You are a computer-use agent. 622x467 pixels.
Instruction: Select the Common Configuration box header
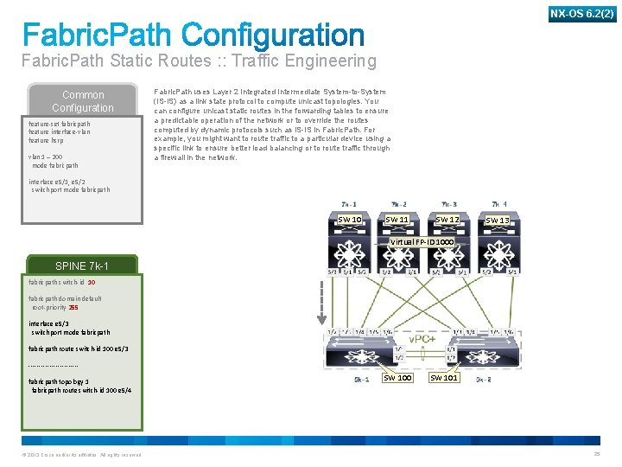point(83,101)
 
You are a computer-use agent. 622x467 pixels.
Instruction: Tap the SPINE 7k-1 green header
point(83,265)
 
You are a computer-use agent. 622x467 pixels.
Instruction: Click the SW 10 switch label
point(350,220)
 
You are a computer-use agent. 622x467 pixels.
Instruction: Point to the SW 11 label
point(397,220)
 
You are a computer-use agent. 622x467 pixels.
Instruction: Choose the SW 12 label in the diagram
point(447,220)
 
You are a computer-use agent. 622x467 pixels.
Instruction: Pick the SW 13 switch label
point(498,221)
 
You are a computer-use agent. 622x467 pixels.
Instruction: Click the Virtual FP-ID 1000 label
point(422,241)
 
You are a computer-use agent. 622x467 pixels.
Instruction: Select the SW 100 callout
point(397,378)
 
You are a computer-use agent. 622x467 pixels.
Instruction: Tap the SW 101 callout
point(444,378)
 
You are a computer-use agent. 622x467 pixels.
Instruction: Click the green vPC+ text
point(421,338)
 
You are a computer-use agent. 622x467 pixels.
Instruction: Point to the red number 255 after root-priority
point(73,307)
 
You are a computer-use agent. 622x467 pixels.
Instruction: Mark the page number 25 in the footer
point(596,455)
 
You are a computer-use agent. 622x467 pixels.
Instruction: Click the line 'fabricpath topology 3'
point(59,381)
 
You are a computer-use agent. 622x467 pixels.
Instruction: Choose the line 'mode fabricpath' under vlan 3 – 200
point(55,165)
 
